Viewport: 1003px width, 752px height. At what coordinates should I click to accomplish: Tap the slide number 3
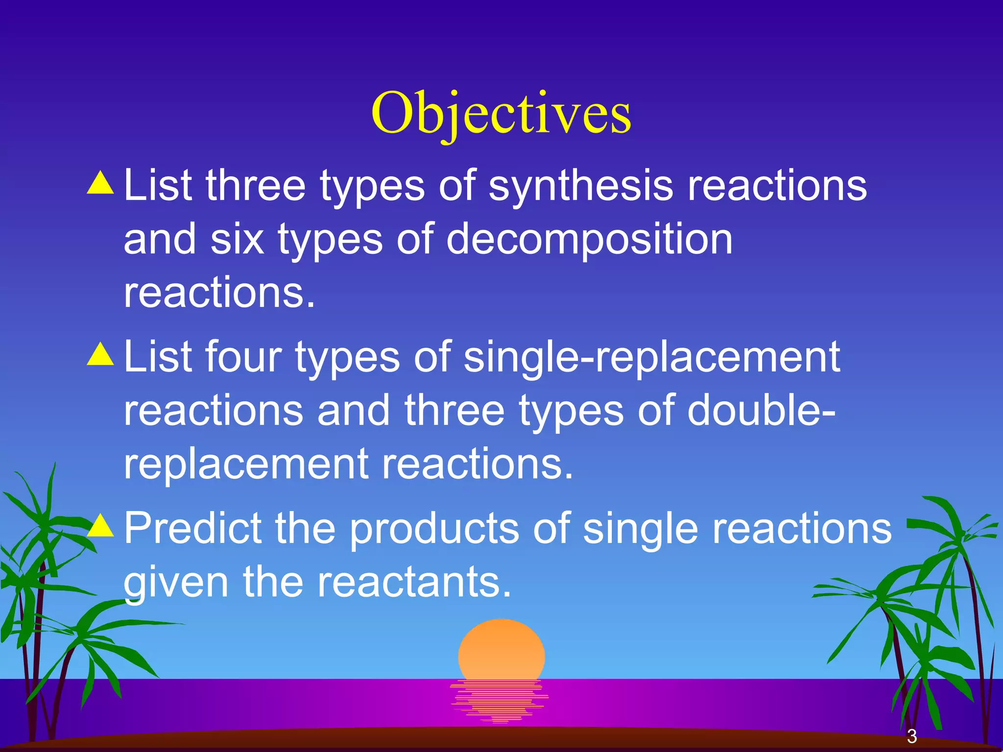[911, 736]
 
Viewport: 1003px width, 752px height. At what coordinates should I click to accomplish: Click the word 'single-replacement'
[651, 357]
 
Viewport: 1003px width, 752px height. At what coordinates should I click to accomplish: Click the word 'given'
[176, 583]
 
